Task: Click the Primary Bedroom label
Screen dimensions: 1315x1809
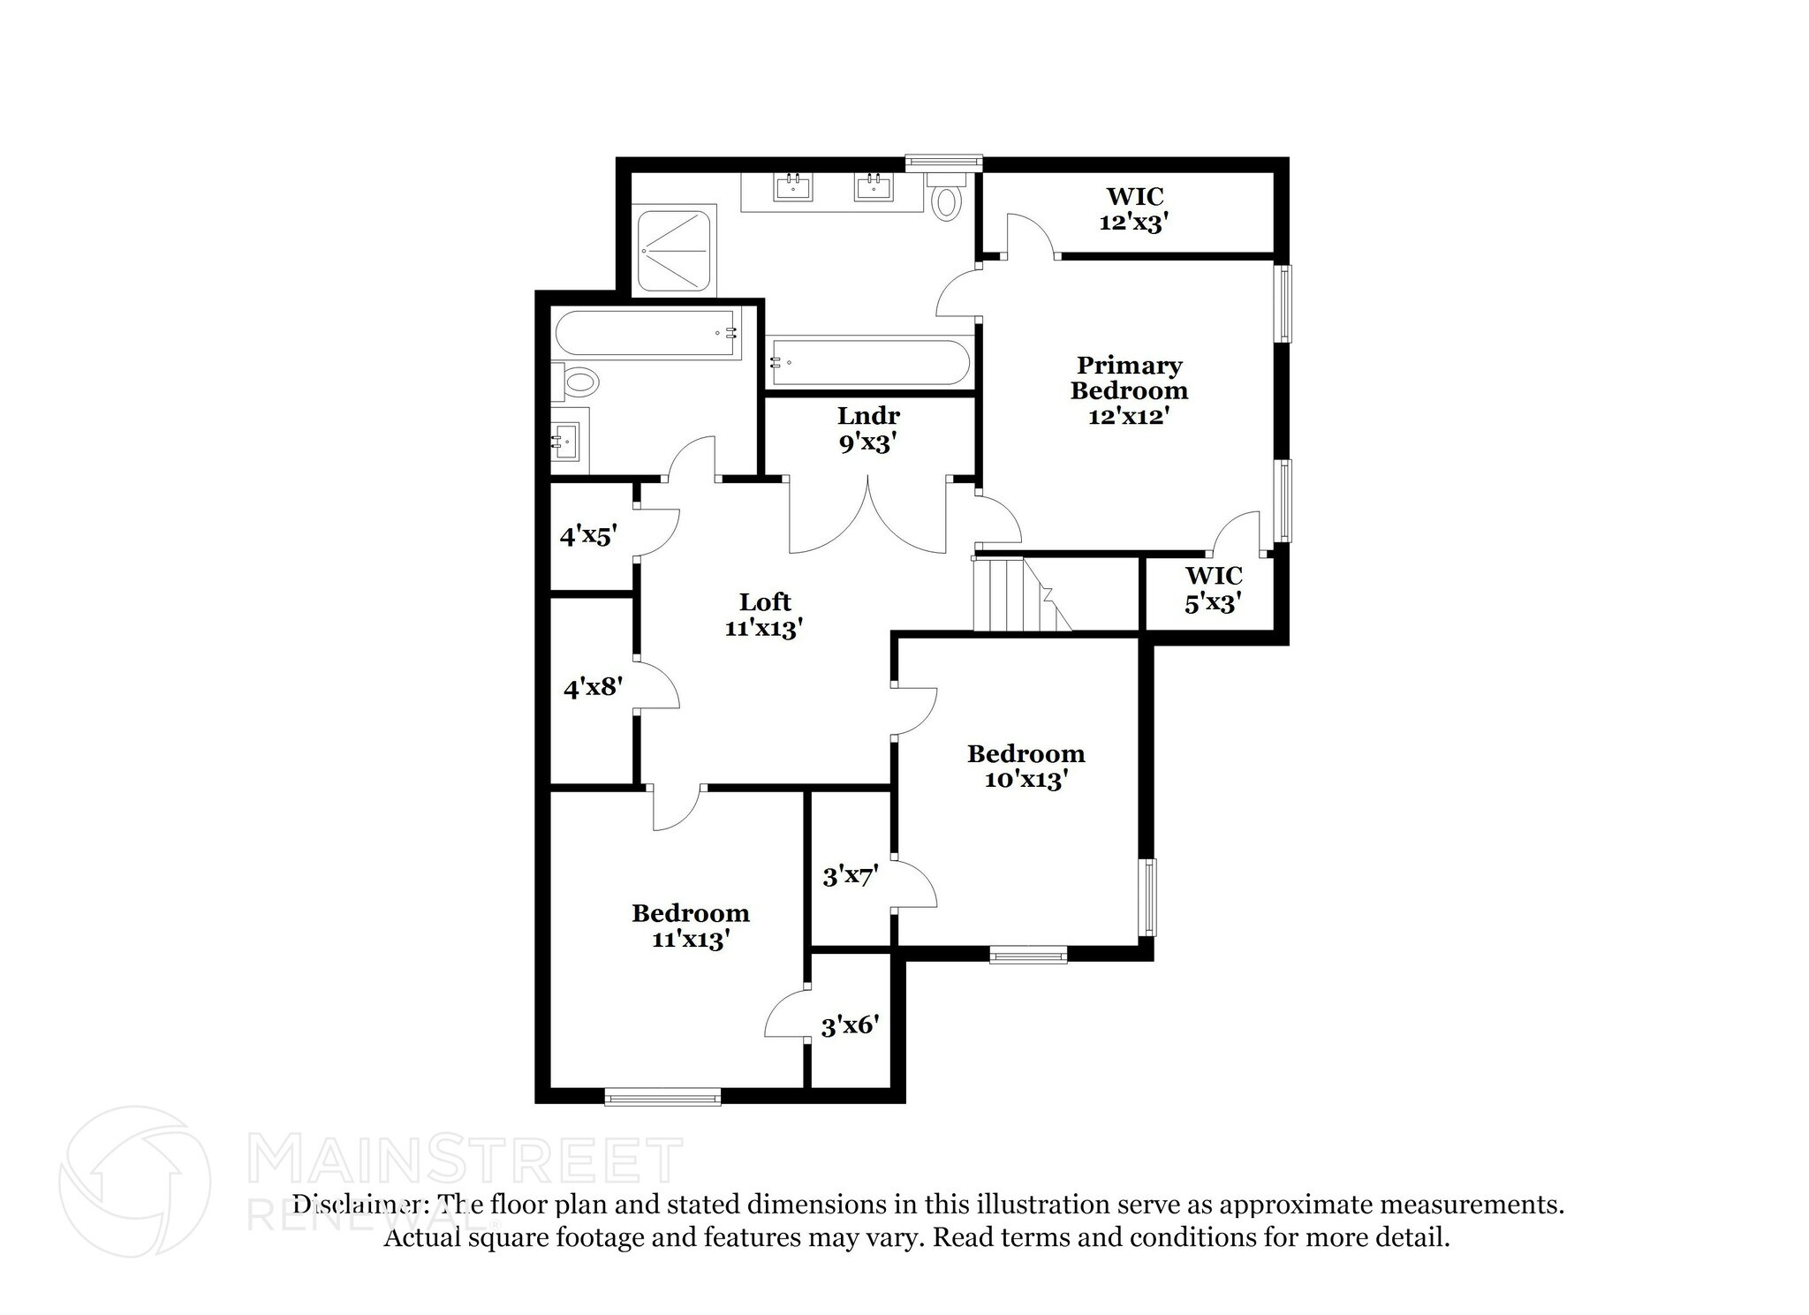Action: (x=1129, y=390)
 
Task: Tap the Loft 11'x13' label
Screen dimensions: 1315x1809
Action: (x=764, y=615)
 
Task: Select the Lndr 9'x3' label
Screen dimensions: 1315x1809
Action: (x=868, y=429)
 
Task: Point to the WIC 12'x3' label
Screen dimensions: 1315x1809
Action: (x=1134, y=209)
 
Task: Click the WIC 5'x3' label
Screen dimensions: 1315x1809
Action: (x=1214, y=589)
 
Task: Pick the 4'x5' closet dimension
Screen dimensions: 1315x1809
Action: (x=587, y=535)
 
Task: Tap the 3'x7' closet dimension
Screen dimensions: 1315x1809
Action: (x=850, y=876)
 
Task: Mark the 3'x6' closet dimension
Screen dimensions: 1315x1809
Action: (x=850, y=1025)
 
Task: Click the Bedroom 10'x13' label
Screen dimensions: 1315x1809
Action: (x=1026, y=767)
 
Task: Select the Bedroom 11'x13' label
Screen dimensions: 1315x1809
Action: (x=690, y=926)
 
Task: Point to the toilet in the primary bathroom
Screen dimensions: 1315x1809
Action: (x=947, y=197)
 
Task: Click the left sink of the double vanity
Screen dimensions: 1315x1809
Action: (x=792, y=187)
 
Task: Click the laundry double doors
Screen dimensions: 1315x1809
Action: (x=868, y=516)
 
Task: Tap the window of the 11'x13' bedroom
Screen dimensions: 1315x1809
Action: (x=662, y=1097)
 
